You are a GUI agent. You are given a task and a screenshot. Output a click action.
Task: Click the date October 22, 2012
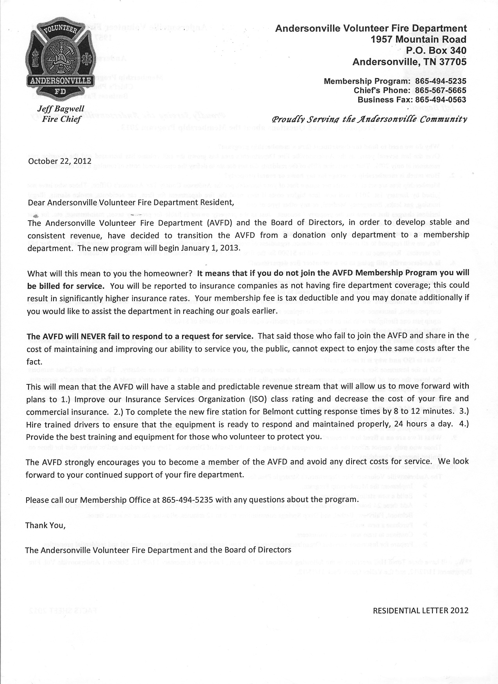[60, 161]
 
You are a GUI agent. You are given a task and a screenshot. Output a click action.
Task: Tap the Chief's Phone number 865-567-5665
[441, 90]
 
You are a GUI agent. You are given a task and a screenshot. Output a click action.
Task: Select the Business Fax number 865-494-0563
[441, 99]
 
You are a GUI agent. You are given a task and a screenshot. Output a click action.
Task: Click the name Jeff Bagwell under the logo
[61, 109]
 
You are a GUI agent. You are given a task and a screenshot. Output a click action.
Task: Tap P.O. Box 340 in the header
[436, 50]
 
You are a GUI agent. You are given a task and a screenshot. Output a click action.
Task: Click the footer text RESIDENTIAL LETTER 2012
[421, 610]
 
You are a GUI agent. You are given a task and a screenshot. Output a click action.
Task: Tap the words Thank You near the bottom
[45, 525]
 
